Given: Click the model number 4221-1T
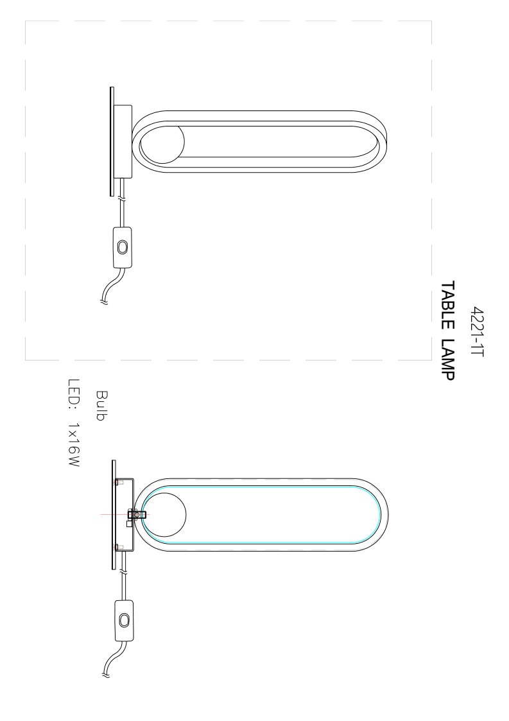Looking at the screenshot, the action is (x=478, y=331).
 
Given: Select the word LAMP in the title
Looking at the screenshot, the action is (x=447, y=360).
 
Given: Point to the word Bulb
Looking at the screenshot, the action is (x=101, y=405).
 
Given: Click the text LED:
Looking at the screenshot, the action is (x=74, y=394).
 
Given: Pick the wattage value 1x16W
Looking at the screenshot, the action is (x=74, y=445).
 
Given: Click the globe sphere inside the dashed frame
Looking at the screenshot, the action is (x=162, y=142).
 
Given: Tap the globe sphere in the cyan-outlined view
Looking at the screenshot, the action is (x=164, y=514).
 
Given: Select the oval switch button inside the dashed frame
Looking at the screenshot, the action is (x=122, y=247).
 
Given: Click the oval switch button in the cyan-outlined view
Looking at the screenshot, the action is (x=123, y=620).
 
